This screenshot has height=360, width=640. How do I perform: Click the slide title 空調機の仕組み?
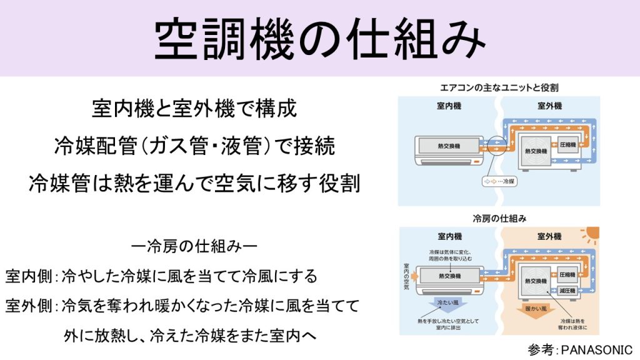[319, 39]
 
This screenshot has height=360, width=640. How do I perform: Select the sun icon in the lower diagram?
[589, 237]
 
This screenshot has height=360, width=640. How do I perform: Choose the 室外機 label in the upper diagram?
[549, 106]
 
